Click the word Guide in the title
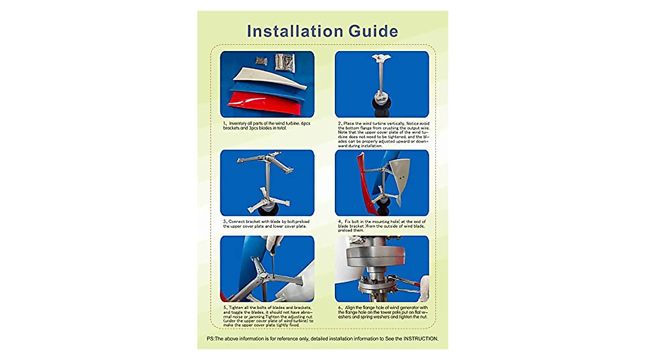pyautogui.click(x=372, y=31)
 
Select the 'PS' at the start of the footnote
pyautogui.click(x=210, y=339)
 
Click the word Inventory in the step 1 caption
pyautogui.click(x=240, y=124)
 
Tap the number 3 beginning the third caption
pyautogui.click(x=225, y=221)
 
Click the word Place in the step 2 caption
pyautogui.click(x=353, y=124)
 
